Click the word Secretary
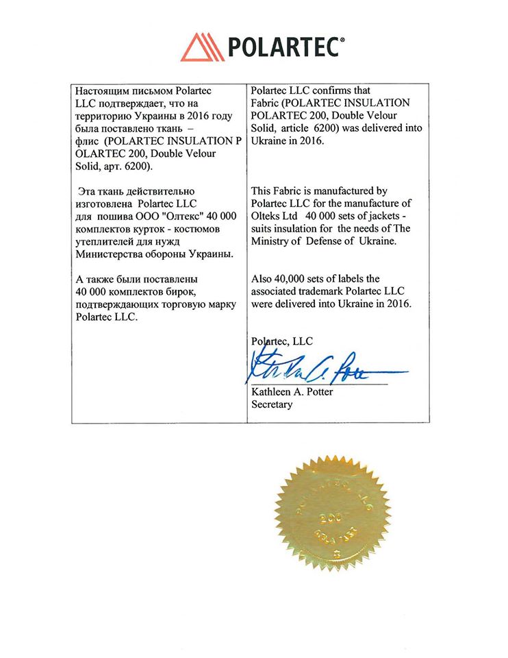[272, 404]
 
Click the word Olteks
[269, 216]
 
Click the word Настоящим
[100, 90]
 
